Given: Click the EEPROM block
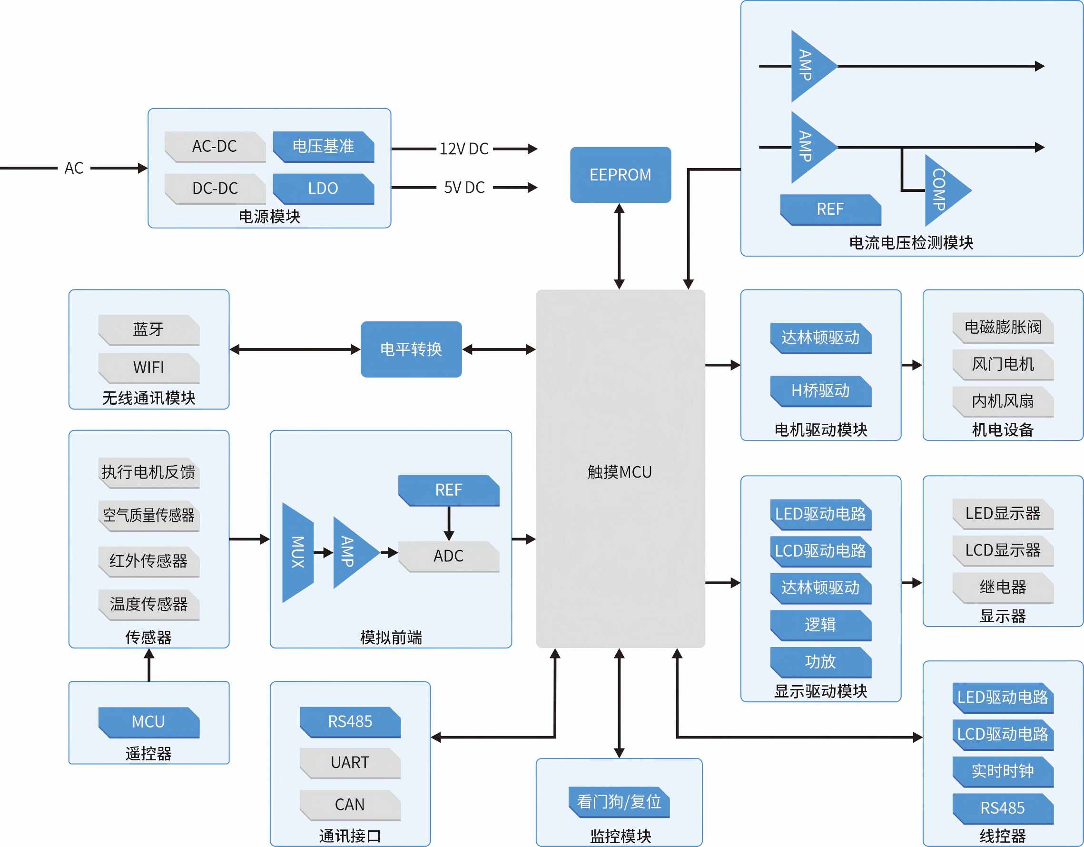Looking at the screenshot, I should tap(620, 175).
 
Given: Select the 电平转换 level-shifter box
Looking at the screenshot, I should tap(411, 349).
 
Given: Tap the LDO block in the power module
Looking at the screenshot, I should tap(323, 188).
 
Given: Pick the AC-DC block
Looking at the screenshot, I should tap(215, 146).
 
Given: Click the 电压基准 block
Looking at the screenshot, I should tap(323, 146).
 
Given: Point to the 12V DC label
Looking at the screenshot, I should tap(464, 149).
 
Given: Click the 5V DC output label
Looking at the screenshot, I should tap(464, 187).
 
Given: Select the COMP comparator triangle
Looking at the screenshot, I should tap(943, 190).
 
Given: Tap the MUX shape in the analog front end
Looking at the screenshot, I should tap(298, 552).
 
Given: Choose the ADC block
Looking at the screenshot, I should tap(448, 556).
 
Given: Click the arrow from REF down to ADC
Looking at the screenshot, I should tap(449, 523).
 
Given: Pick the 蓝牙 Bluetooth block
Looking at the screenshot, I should tap(148, 329).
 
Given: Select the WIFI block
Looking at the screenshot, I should tap(148, 368).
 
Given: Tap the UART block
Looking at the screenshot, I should tap(349, 762).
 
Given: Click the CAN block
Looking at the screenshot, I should tap(349, 804).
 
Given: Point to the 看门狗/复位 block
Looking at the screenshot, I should tap(619, 801).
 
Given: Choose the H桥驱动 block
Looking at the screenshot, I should tap(820, 391).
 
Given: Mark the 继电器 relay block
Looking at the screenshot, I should tap(1003, 587).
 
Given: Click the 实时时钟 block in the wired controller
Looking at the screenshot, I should tap(1003, 770).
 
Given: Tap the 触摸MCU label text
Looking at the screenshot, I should tap(620, 472).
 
